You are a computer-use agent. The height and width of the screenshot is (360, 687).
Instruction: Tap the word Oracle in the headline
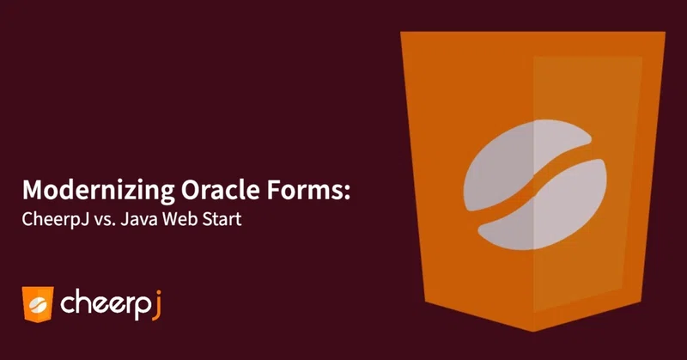221,189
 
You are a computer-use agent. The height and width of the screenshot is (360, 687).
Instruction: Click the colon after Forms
348,193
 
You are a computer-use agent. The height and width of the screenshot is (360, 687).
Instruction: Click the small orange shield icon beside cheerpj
38,304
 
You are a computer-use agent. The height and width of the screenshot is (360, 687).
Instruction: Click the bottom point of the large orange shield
532,331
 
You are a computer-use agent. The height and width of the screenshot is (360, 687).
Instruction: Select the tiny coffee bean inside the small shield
38,303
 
